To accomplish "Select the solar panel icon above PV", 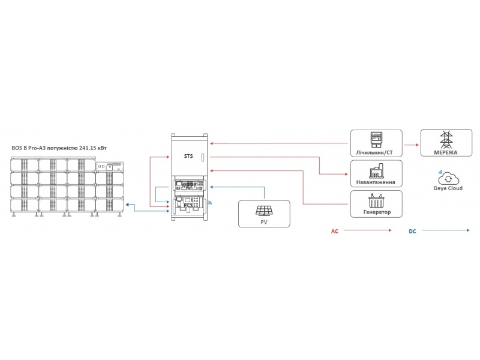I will tap(263, 211).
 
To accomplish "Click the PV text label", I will tap(263, 222).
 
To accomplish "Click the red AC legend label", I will tap(335, 231).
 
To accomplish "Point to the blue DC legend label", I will tap(413, 231).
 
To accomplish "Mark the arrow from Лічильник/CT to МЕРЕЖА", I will tap(411, 145).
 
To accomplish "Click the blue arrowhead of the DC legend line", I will tap(467, 231).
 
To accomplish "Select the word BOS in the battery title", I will tap(17, 148).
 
